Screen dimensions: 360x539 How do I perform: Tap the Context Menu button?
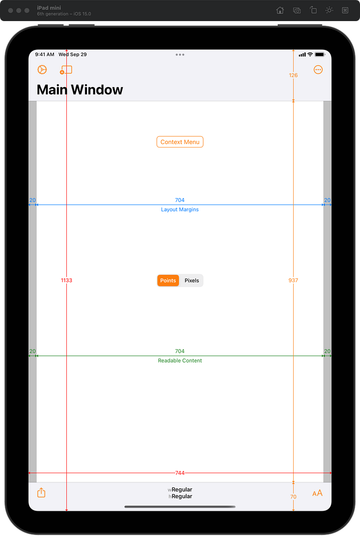coord(180,142)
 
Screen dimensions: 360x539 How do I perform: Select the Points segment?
coord(168,280)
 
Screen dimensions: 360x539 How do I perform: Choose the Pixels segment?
coord(191,280)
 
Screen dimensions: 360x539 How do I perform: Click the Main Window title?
coord(80,89)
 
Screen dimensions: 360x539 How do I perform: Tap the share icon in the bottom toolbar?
coord(41,493)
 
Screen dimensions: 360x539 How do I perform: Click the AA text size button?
coord(317,493)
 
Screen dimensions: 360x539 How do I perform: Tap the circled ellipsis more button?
coord(318,70)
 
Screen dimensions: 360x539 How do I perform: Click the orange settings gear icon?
coord(42,70)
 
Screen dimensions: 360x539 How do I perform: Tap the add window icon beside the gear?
coord(66,70)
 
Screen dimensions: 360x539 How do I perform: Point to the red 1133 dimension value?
coord(66,280)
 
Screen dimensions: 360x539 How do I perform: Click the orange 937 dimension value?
coord(293,280)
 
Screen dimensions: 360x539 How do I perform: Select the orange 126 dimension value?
coord(293,75)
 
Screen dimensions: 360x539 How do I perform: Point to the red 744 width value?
coord(180,473)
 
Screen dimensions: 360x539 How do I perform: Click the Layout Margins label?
coord(180,209)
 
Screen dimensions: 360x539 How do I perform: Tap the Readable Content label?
coord(180,361)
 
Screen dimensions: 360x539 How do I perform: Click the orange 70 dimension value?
coord(293,497)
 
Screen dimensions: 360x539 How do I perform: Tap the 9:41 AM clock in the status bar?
coord(45,55)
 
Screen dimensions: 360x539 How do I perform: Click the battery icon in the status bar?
coord(320,55)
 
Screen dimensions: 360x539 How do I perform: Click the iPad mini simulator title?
coord(49,8)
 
